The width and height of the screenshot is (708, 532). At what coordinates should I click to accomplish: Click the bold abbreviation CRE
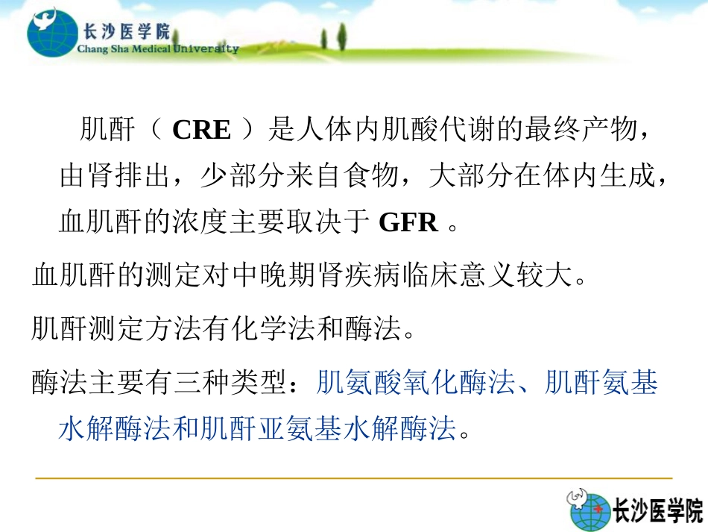(201, 130)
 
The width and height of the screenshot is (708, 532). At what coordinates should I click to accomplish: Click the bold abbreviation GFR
(408, 222)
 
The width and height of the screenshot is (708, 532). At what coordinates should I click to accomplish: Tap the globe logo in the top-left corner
(51, 31)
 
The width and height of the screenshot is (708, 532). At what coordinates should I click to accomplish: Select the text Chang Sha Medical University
(158, 49)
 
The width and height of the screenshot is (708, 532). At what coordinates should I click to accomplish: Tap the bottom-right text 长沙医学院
(657, 511)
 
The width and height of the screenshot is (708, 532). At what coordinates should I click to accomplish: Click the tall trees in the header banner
(340, 34)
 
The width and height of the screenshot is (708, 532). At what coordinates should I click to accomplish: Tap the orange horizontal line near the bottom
(354, 478)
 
